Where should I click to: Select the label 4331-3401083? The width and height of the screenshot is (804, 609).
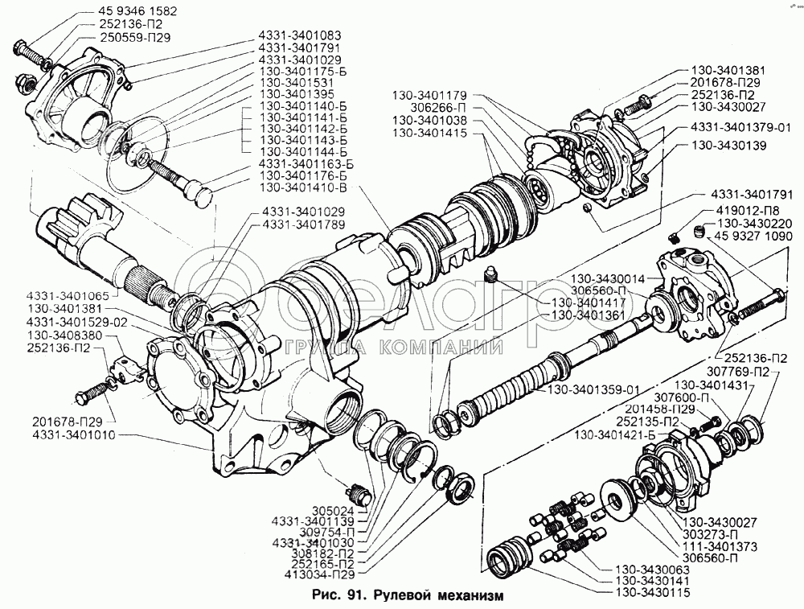coord(299,36)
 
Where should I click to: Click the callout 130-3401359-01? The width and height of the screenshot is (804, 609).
coord(594,390)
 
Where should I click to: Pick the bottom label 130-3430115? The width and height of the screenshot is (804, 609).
coord(658,592)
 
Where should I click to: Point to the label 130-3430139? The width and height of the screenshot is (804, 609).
coord(728,146)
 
